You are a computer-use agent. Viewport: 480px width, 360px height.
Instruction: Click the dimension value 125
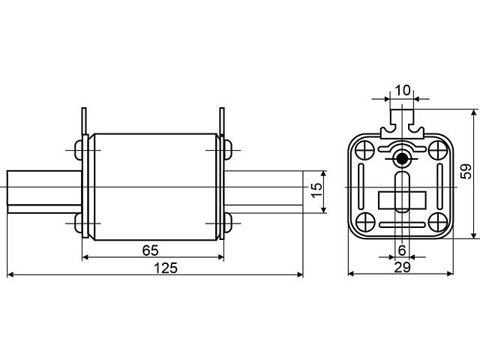click(x=165, y=268)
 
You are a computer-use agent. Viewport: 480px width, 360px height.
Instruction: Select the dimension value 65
click(x=150, y=250)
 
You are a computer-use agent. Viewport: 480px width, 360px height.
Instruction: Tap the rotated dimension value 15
click(x=316, y=190)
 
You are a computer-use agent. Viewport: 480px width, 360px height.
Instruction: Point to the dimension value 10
click(x=402, y=90)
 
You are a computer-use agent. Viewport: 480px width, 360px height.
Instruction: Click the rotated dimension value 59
click(x=466, y=172)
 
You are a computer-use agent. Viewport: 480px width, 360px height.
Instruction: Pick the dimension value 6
click(x=402, y=250)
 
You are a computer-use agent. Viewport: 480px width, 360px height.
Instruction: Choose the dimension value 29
click(x=402, y=268)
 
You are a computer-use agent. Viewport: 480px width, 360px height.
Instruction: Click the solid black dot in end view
click(x=402, y=158)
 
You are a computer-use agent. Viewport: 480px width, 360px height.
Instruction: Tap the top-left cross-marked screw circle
click(x=366, y=150)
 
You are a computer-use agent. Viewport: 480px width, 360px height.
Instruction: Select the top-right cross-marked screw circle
click(x=438, y=150)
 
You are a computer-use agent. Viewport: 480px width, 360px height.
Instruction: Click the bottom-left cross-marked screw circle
click(x=366, y=222)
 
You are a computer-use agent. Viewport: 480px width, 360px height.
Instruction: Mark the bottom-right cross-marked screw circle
click(x=438, y=222)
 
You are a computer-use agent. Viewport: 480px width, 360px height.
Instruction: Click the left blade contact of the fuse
click(x=44, y=192)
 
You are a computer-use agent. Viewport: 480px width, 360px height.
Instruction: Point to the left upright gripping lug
click(x=84, y=121)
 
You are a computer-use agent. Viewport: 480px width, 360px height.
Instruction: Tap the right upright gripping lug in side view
click(x=222, y=121)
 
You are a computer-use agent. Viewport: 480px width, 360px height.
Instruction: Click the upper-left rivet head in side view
click(x=79, y=150)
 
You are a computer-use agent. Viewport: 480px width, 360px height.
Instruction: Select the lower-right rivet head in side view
click(x=228, y=223)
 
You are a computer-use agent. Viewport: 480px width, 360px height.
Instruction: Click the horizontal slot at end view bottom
click(x=402, y=225)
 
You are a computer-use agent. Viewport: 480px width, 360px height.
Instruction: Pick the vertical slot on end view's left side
click(x=361, y=187)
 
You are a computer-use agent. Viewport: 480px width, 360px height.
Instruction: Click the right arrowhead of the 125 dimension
click(x=300, y=274)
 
